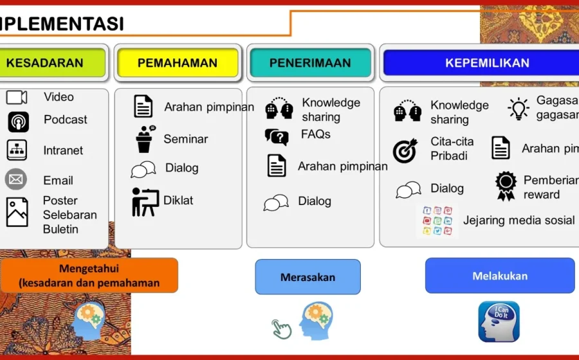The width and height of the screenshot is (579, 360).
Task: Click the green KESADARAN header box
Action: (51, 63)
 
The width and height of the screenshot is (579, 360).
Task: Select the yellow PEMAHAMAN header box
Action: (178, 63)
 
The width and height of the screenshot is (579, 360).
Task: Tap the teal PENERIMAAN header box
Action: (310, 63)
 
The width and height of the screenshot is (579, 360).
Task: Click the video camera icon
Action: (17, 98)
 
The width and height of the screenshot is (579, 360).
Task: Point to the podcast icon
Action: (18, 121)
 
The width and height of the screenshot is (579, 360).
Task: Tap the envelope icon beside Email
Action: (16, 179)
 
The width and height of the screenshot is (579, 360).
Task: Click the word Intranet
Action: (63, 150)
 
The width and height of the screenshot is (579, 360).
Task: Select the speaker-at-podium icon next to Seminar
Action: (145, 139)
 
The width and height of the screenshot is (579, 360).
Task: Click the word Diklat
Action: (178, 200)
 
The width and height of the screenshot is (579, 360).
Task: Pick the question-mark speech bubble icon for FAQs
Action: (277, 136)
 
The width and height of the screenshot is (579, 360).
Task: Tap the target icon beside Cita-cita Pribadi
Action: (405, 150)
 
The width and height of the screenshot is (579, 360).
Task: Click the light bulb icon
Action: (518, 109)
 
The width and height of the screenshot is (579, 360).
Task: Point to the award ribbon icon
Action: (506, 186)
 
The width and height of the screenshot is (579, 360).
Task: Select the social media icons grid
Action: (437, 221)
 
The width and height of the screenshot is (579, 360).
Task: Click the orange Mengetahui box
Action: (89, 275)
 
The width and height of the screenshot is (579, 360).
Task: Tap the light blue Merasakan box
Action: (308, 277)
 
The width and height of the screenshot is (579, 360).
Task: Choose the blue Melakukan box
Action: (499, 276)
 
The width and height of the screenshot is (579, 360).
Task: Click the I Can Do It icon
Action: (499, 321)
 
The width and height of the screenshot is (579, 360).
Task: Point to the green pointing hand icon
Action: (282, 328)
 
